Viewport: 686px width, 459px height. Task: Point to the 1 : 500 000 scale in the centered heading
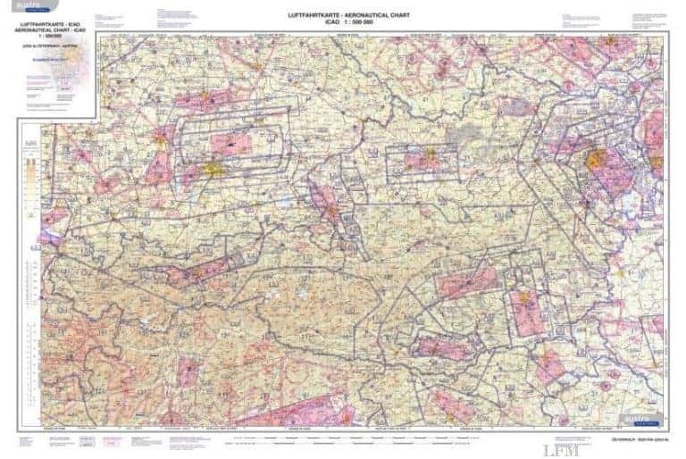343,22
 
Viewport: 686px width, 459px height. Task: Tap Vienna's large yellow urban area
597,161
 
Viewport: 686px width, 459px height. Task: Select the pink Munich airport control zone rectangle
230,143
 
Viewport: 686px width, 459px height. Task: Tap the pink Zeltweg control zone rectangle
466,283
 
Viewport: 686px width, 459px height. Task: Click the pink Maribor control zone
551,364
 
